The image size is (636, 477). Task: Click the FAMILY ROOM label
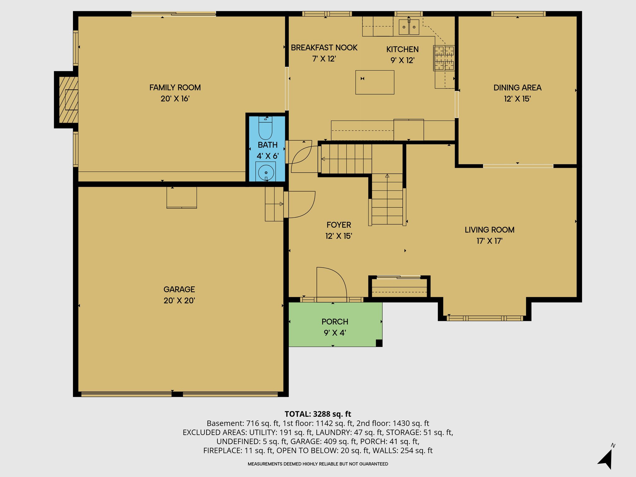[x=175, y=88]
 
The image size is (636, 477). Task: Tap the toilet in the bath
[x=266, y=128]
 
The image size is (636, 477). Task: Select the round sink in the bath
[x=266, y=172]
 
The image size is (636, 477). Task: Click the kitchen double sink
[x=409, y=27]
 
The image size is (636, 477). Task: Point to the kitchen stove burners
[x=444, y=58]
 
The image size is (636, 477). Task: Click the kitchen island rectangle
[x=375, y=82]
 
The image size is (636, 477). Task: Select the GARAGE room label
[x=179, y=289]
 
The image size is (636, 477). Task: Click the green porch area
[x=335, y=325]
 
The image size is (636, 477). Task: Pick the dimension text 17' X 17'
[x=489, y=241]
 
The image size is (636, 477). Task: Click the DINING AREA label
[x=517, y=88]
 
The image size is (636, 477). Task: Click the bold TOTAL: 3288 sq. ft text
[x=318, y=414]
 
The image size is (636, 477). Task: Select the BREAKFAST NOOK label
[x=324, y=48]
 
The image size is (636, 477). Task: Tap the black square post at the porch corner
[x=379, y=343]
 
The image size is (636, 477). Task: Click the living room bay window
[x=484, y=318]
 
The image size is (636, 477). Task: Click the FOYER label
[x=339, y=225]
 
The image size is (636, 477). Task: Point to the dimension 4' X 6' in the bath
[x=267, y=156]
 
